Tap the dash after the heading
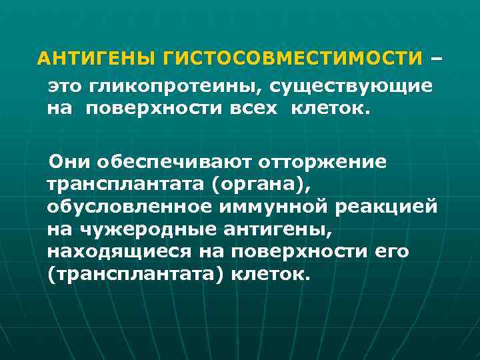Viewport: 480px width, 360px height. pyautogui.click(x=437, y=59)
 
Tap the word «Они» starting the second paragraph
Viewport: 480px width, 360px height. pyautogui.click(x=73, y=161)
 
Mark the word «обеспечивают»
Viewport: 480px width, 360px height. pyautogui.click(x=176, y=161)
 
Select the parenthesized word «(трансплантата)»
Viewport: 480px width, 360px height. pyautogui.click(x=135, y=275)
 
